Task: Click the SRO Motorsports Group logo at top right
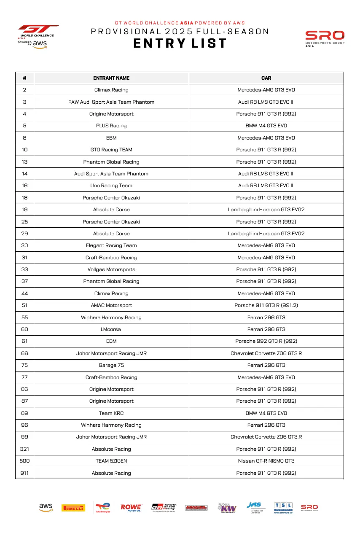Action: (325, 38)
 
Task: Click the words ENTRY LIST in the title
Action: (180, 44)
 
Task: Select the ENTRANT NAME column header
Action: (111, 78)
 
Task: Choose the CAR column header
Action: (266, 78)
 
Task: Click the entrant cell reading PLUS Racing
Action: (111, 126)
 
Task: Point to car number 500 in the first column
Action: (24, 461)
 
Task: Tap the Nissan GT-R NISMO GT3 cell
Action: (266, 461)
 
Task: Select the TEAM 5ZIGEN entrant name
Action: (111, 461)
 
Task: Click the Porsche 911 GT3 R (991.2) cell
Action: (266, 305)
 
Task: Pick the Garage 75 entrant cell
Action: (111, 365)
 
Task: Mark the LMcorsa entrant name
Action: (111, 329)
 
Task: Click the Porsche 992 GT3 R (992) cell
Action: (266, 341)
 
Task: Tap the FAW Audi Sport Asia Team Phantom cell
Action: (111, 102)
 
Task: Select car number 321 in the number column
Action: (24, 449)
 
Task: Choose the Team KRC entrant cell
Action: (111, 413)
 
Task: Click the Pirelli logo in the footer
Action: (73, 508)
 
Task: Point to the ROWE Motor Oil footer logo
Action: (131, 507)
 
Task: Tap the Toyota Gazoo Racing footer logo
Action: (164, 507)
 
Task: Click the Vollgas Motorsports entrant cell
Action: (111, 269)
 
